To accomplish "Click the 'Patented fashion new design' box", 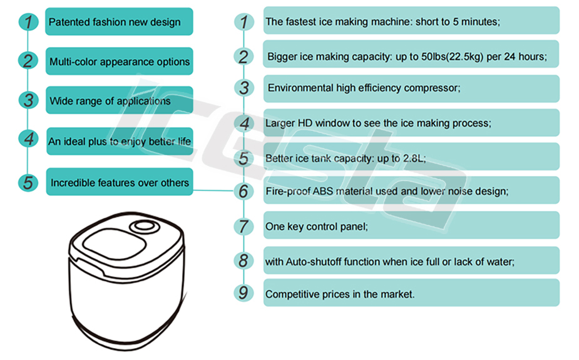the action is point(119,22).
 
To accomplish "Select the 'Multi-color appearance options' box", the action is point(120,61).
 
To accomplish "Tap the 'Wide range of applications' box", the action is point(120,100).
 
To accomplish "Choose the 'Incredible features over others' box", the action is point(120,182).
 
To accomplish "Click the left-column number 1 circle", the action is point(28,22).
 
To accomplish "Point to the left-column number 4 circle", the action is point(28,139).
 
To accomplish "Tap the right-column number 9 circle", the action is point(243,293).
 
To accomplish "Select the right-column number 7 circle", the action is point(243,227).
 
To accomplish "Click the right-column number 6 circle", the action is point(243,191).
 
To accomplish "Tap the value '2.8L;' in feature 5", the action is point(414,158).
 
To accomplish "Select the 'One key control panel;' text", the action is point(317,227).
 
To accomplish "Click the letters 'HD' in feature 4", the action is point(305,123).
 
